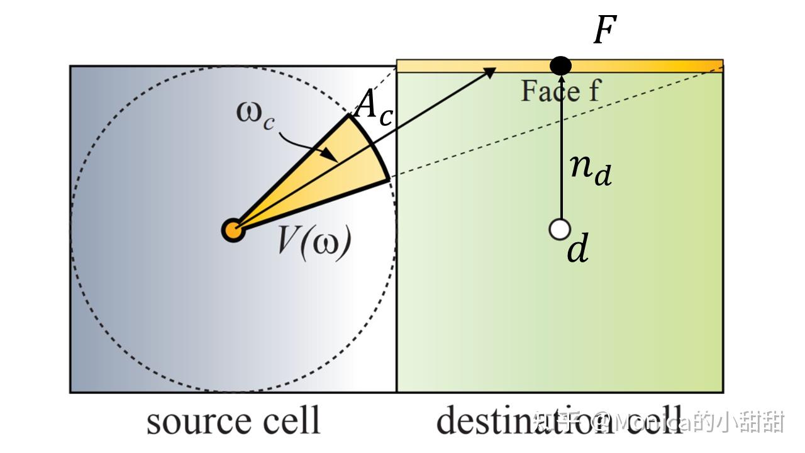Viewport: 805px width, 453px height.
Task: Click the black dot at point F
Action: (x=560, y=65)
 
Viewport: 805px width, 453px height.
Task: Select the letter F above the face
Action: (x=605, y=30)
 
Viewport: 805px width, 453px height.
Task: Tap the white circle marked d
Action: (x=559, y=230)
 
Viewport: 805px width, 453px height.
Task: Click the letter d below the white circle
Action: (x=578, y=250)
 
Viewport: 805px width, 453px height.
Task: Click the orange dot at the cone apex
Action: (x=233, y=230)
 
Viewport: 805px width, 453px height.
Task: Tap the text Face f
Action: (x=560, y=91)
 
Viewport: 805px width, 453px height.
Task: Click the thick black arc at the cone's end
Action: (x=372, y=148)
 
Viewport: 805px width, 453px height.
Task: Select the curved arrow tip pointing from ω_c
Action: (x=328, y=154)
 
